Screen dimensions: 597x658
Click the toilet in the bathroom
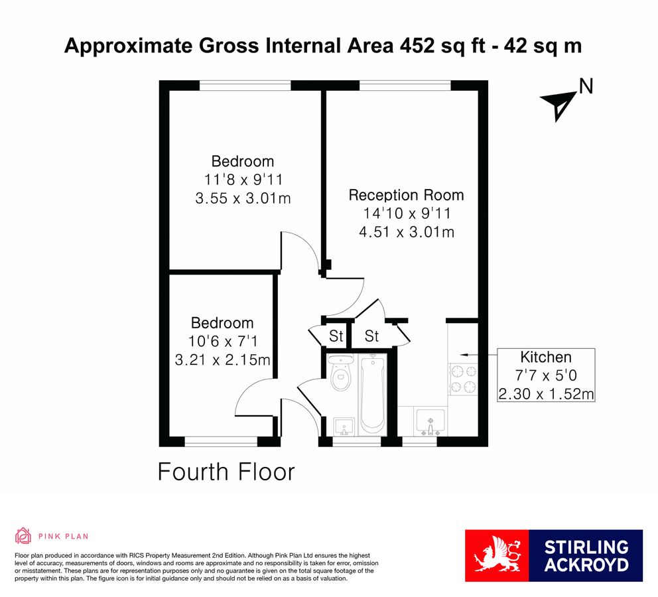[341, 377]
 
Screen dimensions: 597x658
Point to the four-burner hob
[462, 379]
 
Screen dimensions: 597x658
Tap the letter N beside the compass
[585, 86]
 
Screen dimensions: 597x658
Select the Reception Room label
[406, 195]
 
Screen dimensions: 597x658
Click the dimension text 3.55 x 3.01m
[242, 198]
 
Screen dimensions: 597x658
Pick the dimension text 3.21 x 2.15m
[222, 360]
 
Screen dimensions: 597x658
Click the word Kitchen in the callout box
[545, 357]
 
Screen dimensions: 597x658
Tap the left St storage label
[336, 337]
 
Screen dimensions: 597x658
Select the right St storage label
[371, 337]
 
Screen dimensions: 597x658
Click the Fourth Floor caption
[226, 472]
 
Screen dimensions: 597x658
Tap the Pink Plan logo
[52, 536]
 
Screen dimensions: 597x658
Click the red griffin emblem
[496, 556]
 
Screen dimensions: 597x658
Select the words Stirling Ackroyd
[586, 556]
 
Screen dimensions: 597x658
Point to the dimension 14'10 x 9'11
[406, 214]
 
